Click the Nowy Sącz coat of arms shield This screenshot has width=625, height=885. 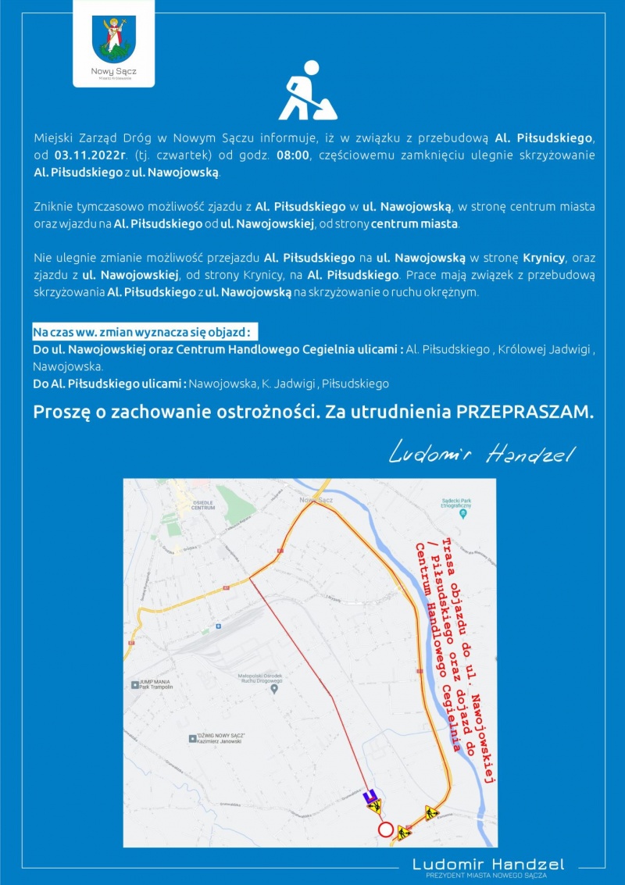pyautogui.click(x=113, y=39)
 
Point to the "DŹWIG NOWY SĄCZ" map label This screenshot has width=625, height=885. pyautogui.click(x=221, y=738)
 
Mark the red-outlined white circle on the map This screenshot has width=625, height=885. pyautogui.click(x=384, y=830)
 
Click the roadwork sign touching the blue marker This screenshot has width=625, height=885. pyautogui.click(x=376, y=805)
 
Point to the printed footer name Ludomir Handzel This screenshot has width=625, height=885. pyautogui.click(x=487, y=864)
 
